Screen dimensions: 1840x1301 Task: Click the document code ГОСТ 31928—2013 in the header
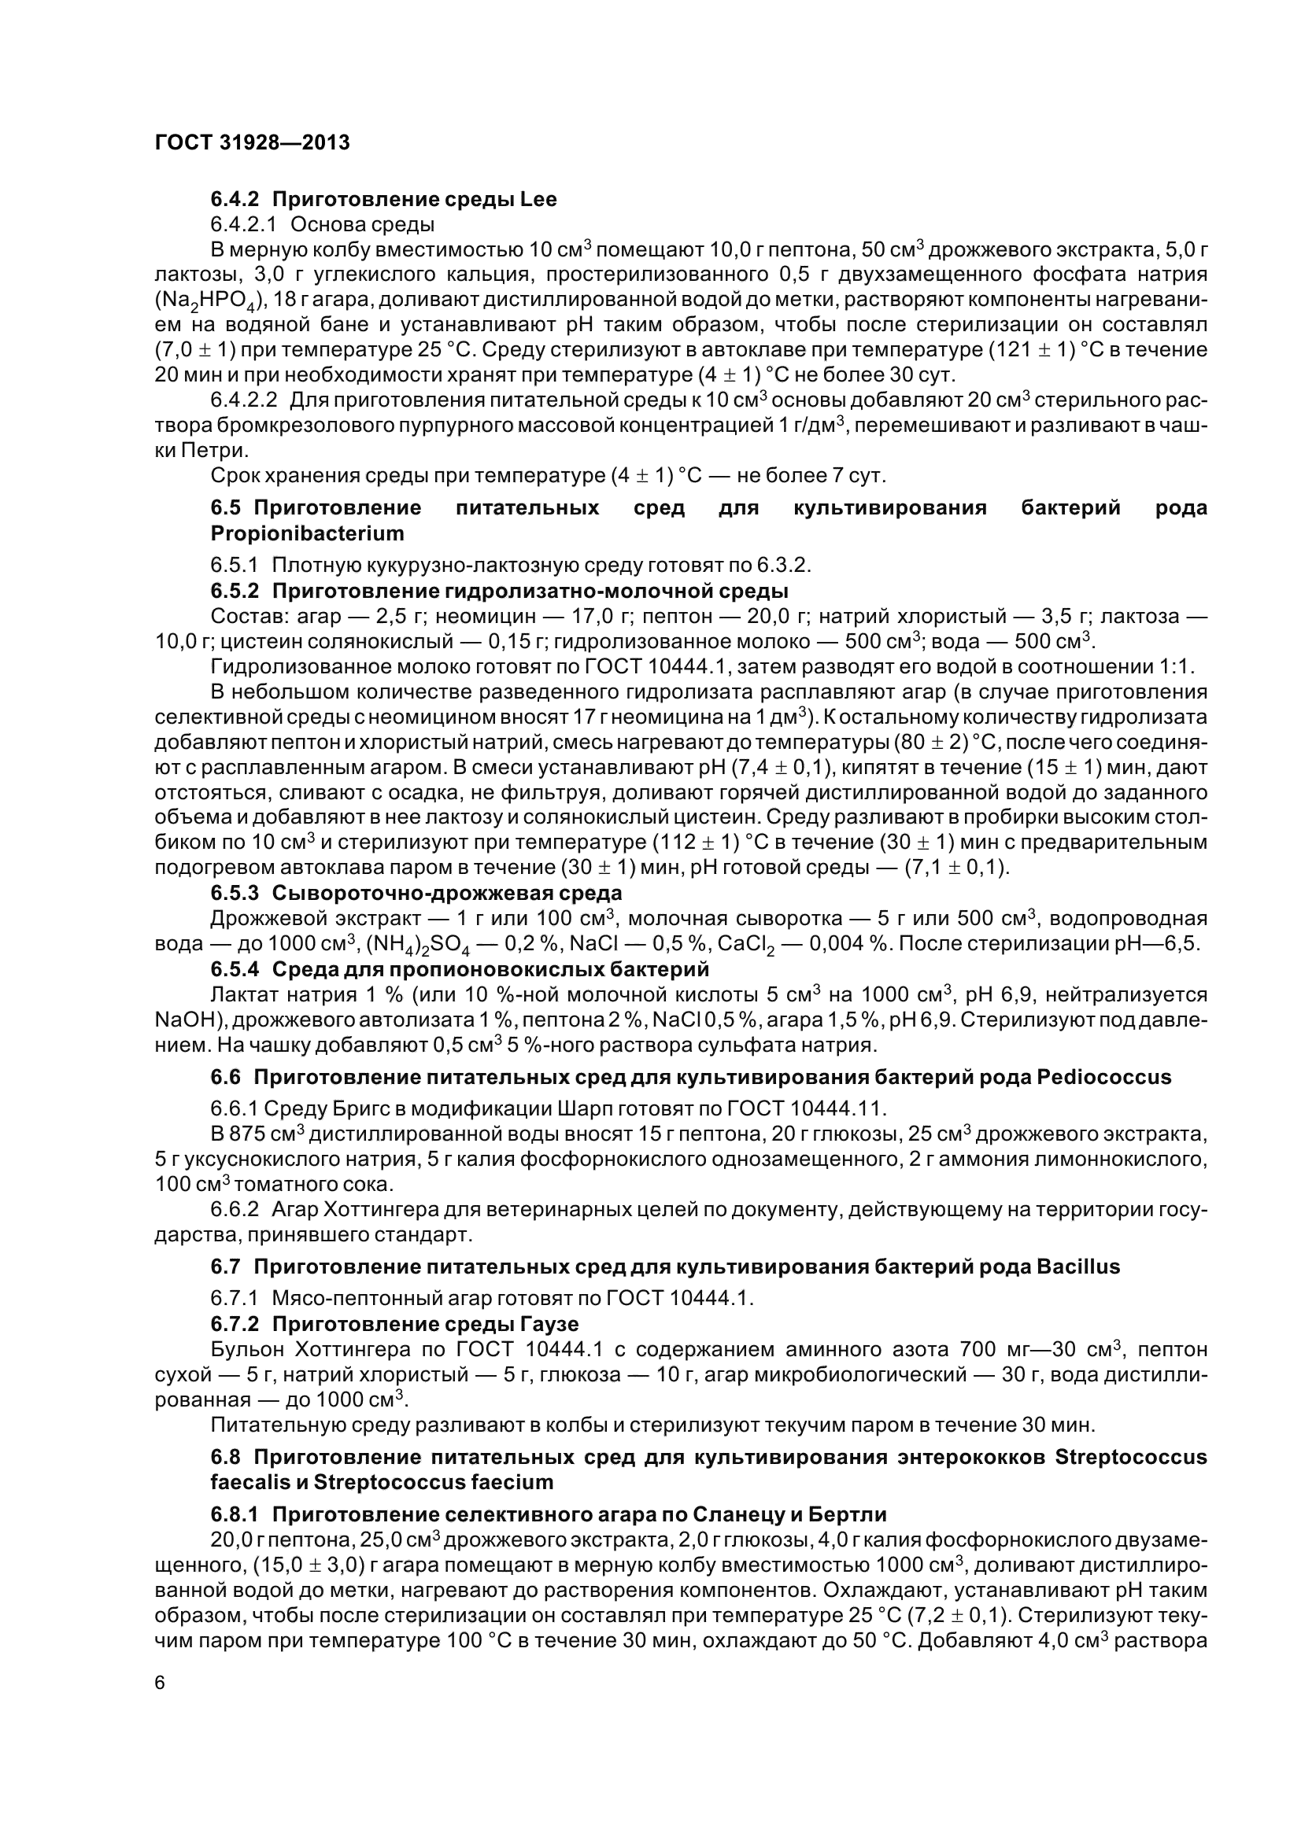(252, 142)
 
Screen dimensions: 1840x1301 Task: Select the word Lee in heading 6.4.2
(538, 200)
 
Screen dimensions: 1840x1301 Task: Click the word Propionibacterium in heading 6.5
(307, 533)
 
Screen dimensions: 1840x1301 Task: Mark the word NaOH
(180, 1021)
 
